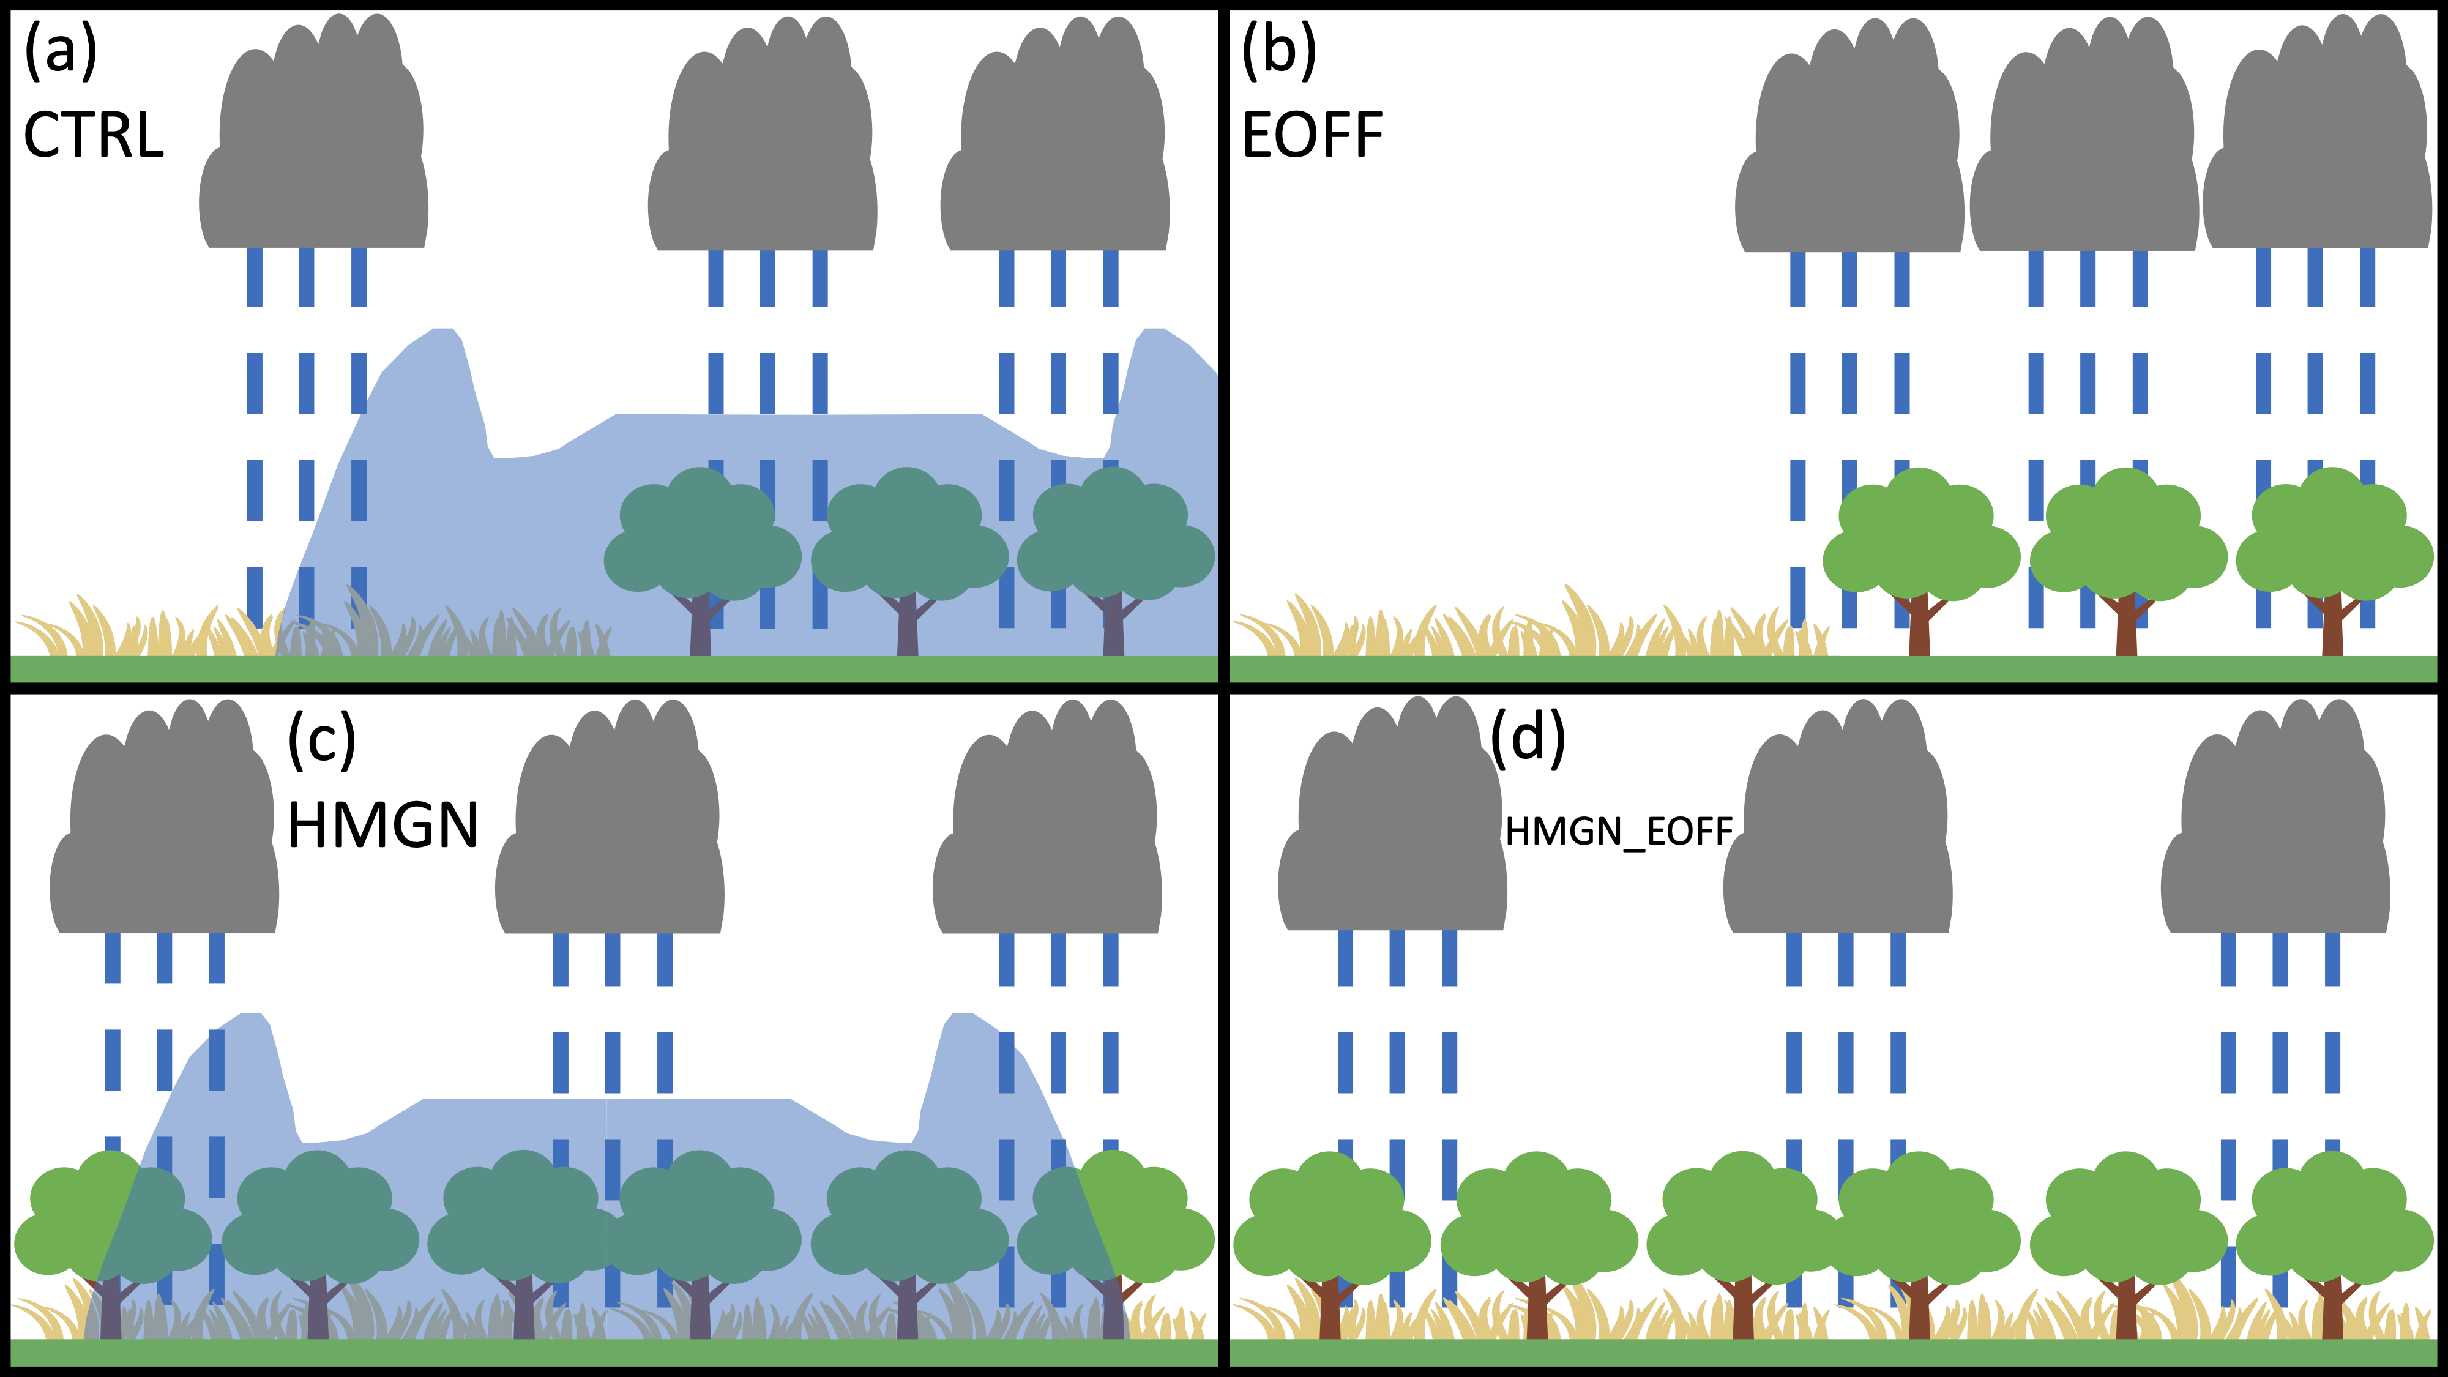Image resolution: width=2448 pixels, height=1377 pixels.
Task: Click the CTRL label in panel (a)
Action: point(93,135)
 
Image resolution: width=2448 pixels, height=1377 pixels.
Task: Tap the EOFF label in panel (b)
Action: point(1312,135)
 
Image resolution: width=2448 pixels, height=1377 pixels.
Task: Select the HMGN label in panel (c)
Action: point(383,824)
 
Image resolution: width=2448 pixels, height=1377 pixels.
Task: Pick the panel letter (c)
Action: point(322,739)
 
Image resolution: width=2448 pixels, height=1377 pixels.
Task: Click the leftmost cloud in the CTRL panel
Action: point(313,143)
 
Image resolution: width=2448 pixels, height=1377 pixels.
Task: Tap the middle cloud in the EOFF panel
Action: point(2083,147)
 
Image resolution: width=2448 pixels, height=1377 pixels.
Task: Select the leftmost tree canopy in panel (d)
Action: point(1330,1221)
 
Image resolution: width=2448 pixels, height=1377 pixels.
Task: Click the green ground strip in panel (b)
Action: point(1834,669)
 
